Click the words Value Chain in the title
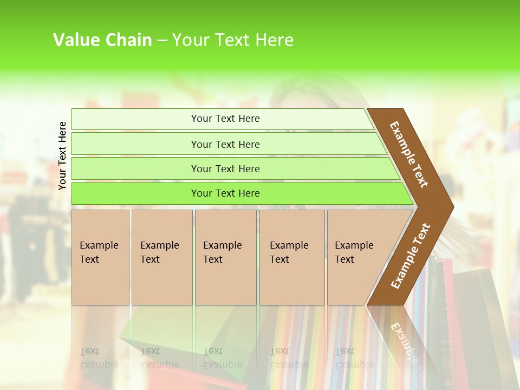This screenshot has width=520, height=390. pos(102,40)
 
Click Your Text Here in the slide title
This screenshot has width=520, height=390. pos(233,40)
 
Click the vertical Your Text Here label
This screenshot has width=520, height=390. pos(62,155)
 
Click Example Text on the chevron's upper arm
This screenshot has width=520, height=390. pos(409,154)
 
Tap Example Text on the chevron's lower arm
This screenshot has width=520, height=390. pos(411,256)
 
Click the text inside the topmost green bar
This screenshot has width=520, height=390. pos(225,119)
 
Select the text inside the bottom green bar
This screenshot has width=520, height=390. pos(225,193)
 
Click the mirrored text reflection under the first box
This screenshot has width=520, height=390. pos(99,358)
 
